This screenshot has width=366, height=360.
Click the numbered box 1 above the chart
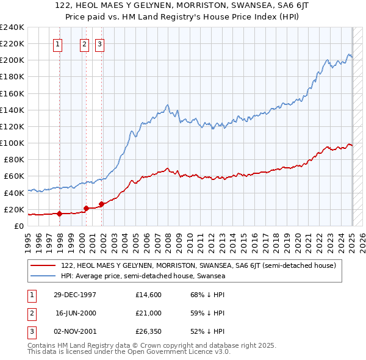57,44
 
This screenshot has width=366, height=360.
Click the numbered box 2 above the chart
84,44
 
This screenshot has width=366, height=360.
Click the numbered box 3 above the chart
99,44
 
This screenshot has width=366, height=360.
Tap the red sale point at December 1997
59,214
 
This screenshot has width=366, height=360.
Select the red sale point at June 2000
86,208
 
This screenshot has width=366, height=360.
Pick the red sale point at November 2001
101,204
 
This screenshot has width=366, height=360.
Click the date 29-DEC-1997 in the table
75,295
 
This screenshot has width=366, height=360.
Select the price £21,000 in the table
148,313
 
